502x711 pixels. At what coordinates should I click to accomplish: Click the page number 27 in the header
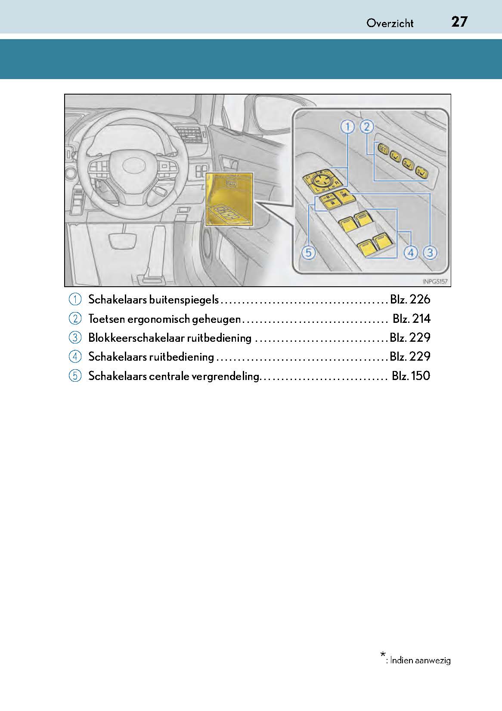tap(459, 21)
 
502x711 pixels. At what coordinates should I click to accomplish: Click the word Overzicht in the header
tap(390, 23)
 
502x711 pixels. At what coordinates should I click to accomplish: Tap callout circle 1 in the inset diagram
tap(347, 127)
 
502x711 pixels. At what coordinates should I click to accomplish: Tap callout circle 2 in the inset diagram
tap(366, 127)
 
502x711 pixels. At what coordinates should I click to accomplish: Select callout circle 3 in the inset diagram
tap(430, 253)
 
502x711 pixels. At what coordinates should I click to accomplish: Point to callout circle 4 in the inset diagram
tap(411, 253)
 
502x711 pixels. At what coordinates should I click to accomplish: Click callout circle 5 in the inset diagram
tap(309, 253)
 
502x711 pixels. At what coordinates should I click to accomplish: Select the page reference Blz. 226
tap(410, 300)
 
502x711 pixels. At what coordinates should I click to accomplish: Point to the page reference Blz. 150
tap(411, 376)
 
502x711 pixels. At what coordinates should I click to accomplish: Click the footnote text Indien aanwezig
tap(420, 660)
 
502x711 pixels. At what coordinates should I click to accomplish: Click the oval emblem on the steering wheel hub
tap(133, 165)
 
